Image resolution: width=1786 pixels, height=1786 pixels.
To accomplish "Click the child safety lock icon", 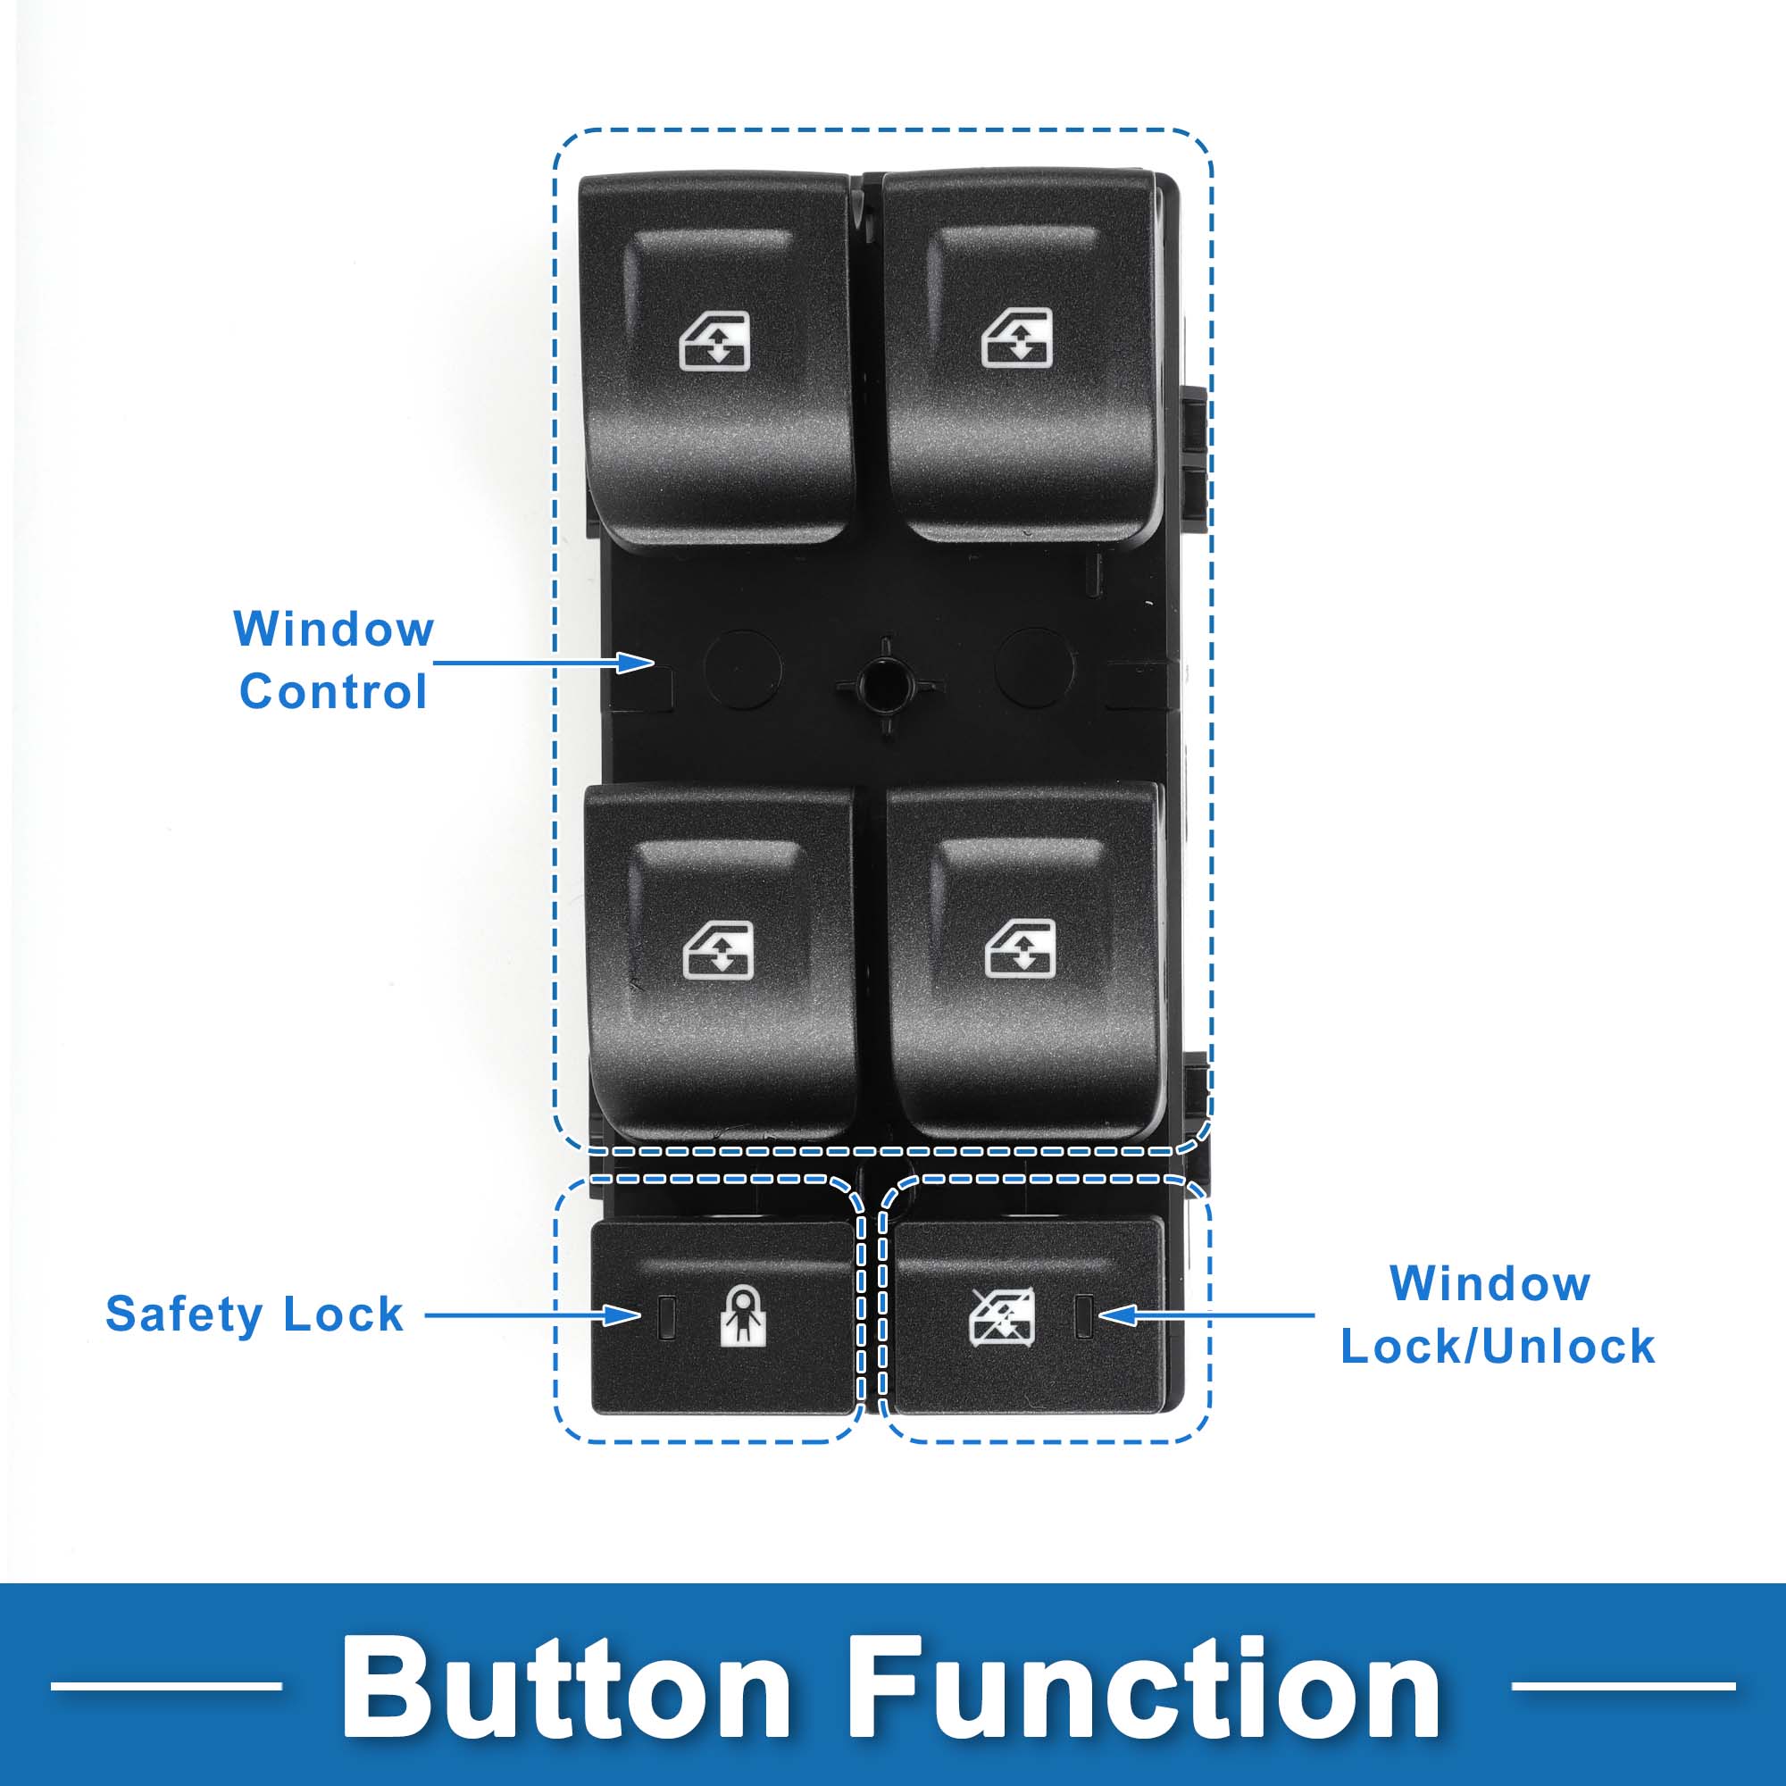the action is pos(743,1314).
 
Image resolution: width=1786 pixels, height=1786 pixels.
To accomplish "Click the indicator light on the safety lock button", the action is pos(665,1316).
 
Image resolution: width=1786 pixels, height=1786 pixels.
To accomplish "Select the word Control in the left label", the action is pos(333,691).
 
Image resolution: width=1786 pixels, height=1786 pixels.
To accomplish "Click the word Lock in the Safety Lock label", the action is pos(343,1314).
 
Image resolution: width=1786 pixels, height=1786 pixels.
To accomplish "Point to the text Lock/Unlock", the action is pos(1498,1346).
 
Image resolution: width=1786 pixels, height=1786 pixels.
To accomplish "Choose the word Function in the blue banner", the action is pos(1145,1687).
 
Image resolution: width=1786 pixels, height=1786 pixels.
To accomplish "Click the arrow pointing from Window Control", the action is pos(545,662).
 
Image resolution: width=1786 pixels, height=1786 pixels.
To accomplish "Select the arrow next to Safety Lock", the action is pos(532,1314).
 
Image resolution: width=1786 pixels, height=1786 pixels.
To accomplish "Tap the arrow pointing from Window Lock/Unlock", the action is pos(1206,1314).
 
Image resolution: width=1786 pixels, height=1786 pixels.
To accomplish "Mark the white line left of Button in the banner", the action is pos(166,1686).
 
